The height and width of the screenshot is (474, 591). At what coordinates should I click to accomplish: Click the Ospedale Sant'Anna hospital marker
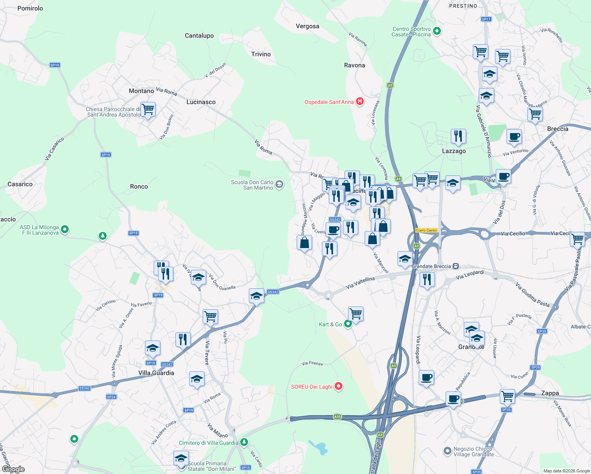point(359,102)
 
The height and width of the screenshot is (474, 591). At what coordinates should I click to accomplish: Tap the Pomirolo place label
point(30,8)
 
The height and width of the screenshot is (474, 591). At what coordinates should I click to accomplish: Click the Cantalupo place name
point(199,36)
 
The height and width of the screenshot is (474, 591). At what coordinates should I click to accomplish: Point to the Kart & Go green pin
point(348,324)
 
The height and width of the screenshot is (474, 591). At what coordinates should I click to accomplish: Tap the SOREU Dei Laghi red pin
point(339,386)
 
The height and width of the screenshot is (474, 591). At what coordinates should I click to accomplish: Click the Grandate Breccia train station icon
point(456,266)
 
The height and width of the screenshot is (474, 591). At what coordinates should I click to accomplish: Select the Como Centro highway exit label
point(426,230)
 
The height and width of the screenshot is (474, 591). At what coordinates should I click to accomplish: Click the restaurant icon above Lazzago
point(458,136)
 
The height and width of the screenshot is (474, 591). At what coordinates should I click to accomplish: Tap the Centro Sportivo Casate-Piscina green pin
point(437,31)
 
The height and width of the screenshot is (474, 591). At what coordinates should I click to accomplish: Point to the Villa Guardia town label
point(156,373)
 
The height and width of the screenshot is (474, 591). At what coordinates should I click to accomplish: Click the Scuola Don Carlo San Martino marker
point(279,184)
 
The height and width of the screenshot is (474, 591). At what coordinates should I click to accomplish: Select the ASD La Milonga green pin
point(65,229)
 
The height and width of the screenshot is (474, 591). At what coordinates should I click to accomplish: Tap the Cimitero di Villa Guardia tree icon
point(244,442)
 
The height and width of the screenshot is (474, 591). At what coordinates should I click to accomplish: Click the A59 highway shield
point(337,417)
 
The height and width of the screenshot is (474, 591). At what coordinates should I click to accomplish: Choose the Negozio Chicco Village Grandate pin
point(447,451)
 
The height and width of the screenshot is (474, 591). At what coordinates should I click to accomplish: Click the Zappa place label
point(550,393)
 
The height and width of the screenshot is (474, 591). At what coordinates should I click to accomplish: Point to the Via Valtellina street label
point(360,282)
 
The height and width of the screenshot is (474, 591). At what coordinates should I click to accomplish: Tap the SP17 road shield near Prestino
point(486,19)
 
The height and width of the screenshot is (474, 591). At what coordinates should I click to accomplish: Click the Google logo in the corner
point(13,469)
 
